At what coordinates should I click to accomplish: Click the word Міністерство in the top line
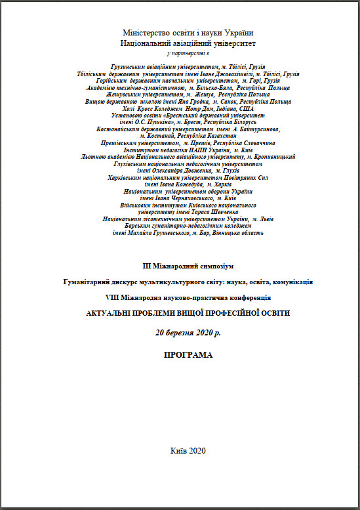point(146,33)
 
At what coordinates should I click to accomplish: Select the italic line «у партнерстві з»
point(188,53)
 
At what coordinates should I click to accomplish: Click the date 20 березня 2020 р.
point(188,333)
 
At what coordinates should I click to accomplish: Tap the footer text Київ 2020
point(188,450)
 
